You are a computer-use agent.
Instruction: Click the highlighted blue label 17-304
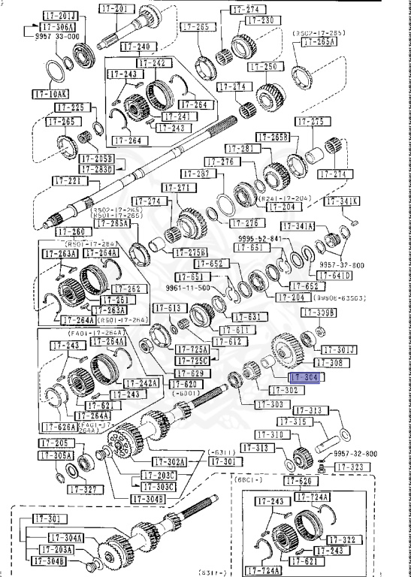coord(305,378)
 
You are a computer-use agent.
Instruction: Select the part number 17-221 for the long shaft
coord(67,181)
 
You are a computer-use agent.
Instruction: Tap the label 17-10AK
coord(50,95)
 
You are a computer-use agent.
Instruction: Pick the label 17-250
coord(262,67)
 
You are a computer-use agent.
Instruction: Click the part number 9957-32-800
coord(355,454)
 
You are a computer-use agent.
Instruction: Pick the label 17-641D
coord(337,276)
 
